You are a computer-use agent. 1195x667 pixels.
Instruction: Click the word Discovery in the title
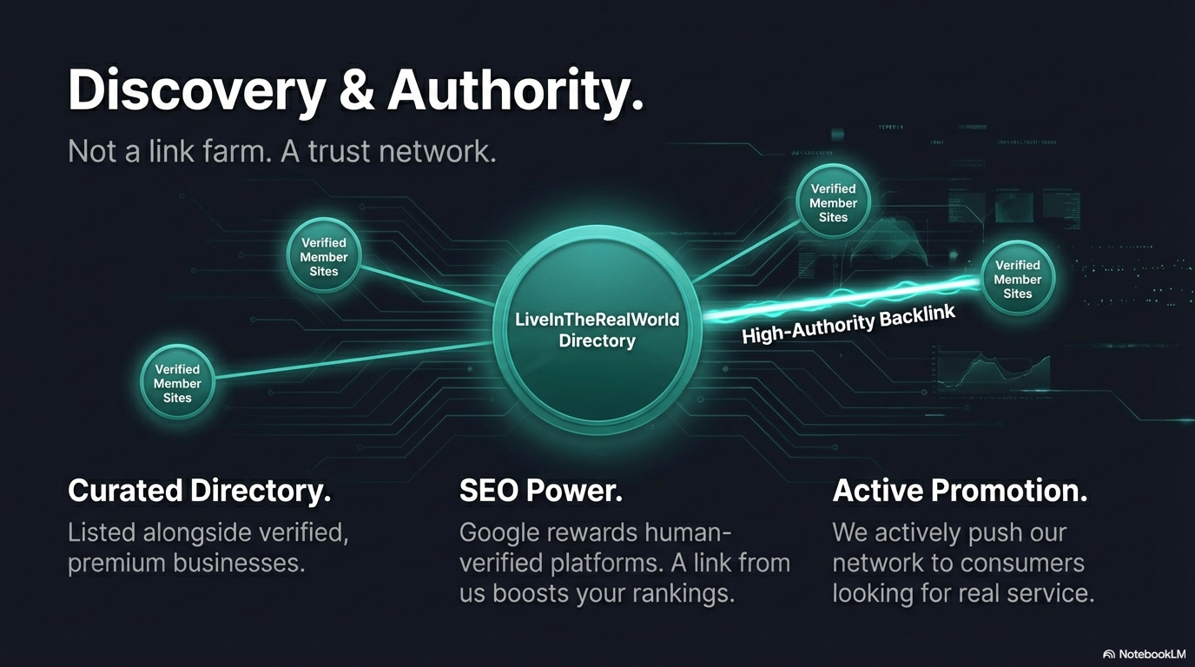pos(196,89)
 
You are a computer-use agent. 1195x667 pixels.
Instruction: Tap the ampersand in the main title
pos(356,89)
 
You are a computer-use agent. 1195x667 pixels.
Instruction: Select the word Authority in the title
pos(515,89)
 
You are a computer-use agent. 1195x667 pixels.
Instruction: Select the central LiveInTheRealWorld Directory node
pos(597,330)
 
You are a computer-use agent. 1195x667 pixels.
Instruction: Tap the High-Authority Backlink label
pos(848,324)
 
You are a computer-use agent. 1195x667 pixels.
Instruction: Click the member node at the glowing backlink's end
pos(1017,278)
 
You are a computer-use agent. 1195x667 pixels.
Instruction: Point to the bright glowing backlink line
pos(842,299)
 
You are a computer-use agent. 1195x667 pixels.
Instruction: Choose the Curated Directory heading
pos(200,491)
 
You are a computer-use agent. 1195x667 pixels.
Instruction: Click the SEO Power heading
pos(541,491)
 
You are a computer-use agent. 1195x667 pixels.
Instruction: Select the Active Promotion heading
pos(960,491)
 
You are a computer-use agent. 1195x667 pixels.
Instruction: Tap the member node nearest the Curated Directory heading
pos(177,383)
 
